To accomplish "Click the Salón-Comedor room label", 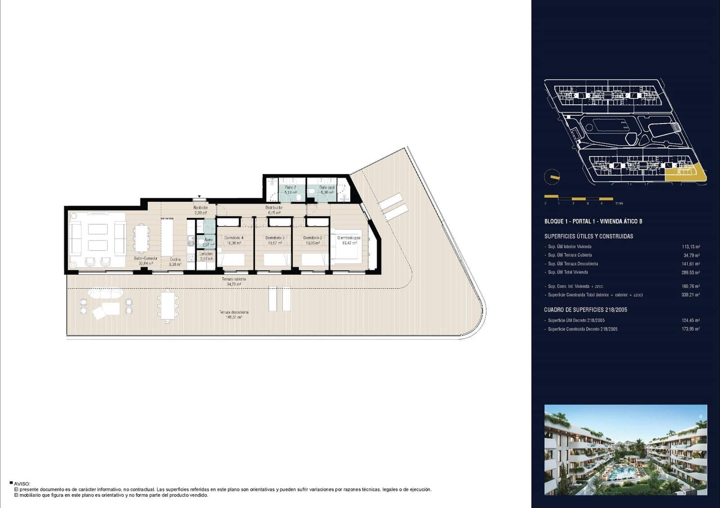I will coord(146,258).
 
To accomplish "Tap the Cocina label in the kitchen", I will coord(175,259).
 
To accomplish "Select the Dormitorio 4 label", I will coord(234,238).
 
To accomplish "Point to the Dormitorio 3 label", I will coord(274,238).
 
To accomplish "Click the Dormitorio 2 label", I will coord(312,238).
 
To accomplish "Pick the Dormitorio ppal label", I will coord(349,238).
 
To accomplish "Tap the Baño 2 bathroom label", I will coord(290,187).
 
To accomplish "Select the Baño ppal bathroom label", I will coord(327,187).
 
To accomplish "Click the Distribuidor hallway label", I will coord(274,208).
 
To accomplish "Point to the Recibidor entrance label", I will coord(200,208).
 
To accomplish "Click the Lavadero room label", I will coord(207,254).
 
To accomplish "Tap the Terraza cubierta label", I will coord(234,279).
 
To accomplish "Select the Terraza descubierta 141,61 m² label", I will coord(234,314).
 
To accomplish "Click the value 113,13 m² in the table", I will coord(691,247).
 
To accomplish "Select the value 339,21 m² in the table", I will coord(691,295).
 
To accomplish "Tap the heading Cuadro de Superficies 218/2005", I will coord(585,310).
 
